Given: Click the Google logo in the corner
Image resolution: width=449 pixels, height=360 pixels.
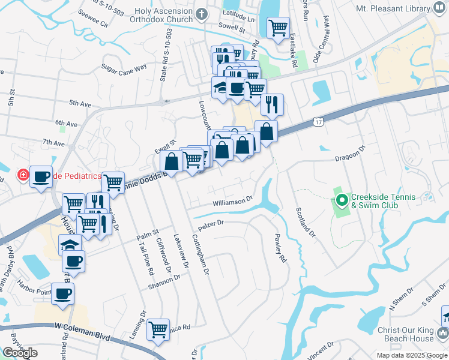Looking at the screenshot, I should (20, 353).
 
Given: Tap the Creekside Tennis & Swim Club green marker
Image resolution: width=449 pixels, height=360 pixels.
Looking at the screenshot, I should (342, 200).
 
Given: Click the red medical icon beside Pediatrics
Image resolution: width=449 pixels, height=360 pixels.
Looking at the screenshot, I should (22, 176).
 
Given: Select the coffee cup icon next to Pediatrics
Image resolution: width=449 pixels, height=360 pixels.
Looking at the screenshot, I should (41, 176).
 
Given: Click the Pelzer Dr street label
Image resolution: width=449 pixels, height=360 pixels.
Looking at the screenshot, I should (210, 225).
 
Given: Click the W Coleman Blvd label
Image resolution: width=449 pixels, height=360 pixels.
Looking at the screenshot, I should (82, 330).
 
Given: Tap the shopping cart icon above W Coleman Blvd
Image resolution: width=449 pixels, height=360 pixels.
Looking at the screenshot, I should (158, 329).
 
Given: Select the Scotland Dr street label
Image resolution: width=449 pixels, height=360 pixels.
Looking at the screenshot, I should (304, 220).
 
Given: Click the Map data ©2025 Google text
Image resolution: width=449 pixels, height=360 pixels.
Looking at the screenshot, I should (411, 355).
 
